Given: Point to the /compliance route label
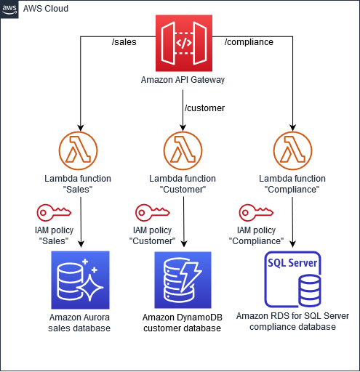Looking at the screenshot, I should pyautogui.click(x=249, y=41).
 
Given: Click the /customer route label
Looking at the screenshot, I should pyautogui.click(x=204, y=108).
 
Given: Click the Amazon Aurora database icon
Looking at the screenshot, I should pyautogui.click(x=79, y=279).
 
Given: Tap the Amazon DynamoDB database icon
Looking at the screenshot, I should pyautogui.click(x=183, y=280).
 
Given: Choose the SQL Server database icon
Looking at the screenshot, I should pyautogui.click(x=293, y=280).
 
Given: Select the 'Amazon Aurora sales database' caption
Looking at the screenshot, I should pyautogui.click(x=79, y=323).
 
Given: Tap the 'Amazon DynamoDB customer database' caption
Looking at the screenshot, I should pyautogui.click(x=183, y=324).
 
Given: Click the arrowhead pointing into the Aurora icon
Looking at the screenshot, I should pyautogui.click(x=79, y=246).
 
